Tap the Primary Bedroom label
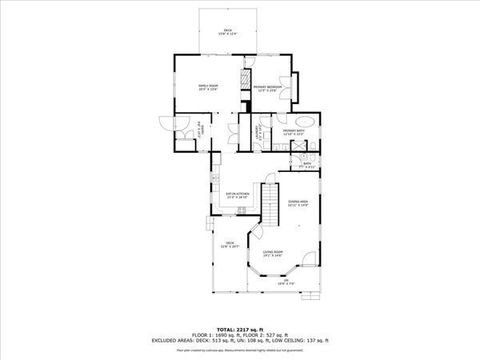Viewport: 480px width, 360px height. click(x=268, y=88)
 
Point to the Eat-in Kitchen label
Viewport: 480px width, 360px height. click(x=238, y=195)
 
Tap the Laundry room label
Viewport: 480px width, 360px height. click(x=258, y=134)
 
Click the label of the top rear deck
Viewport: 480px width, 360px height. click(x=228, y=32)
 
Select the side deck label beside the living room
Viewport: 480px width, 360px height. click(x=230, y=245)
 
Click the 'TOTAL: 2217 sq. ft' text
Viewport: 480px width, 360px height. click(x=239, y=328)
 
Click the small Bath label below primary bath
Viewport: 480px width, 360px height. click(x=306, y=166)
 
